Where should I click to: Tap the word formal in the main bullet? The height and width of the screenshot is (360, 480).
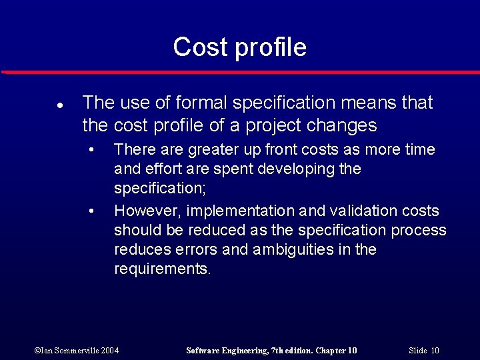[x=197, y=103]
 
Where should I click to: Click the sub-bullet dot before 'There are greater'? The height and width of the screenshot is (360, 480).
[x=91, y=148]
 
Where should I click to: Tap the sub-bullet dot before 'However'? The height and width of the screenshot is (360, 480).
[x=91, y=211]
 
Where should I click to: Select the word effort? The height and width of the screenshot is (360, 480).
[x=157, y=169]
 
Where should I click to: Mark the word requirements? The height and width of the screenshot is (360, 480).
[x=162, y=269]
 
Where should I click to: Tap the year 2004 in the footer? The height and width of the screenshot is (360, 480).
[x=111, y=350]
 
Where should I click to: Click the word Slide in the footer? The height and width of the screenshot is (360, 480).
[x=417, y=350]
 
